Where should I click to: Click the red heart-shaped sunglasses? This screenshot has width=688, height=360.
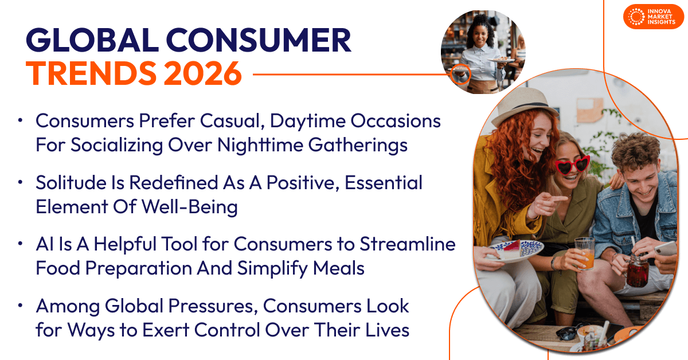click(572, 166)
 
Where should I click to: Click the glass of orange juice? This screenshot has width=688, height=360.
click(584, 253)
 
